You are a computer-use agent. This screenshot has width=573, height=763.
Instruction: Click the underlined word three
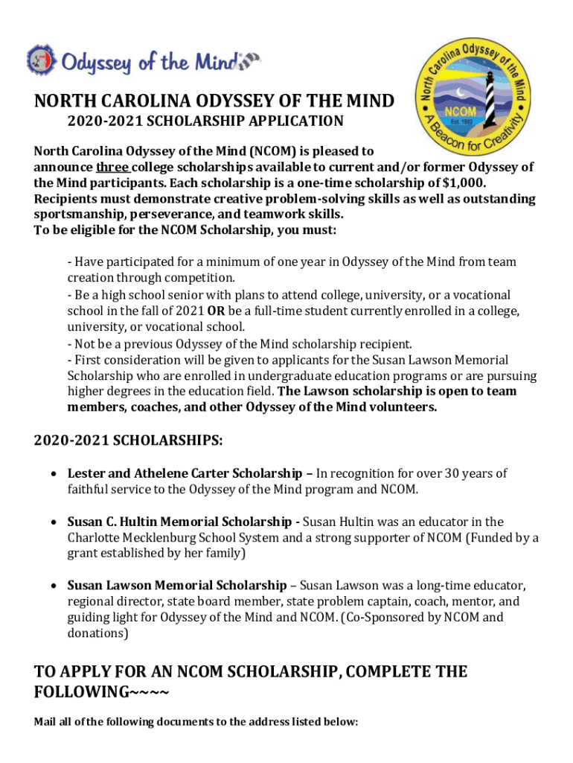coord(113,167)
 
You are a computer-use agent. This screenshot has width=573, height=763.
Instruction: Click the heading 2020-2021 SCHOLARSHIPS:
coord(128,440)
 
